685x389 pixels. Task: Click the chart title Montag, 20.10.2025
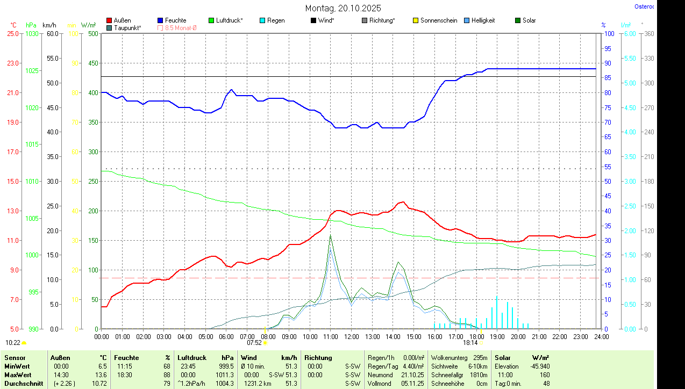[x=343, y=8]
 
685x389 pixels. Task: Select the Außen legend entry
[x=123, y=20]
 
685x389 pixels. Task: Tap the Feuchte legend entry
[x=175, y=20]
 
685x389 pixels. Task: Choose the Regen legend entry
[x=276, y=20]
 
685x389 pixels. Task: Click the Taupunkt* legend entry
[x=127, y=27]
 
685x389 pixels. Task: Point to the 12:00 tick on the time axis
[x=351, y=336]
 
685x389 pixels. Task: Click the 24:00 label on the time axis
[x=601, y=336]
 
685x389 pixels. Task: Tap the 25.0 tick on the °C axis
[x=12, y=33]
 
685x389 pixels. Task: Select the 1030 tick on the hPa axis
[x=32, y=33]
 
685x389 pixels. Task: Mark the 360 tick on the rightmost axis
[x=648, y=33]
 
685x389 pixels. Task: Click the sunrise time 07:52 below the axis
[x=254, y=342]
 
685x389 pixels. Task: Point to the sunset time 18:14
[x=470, y=342]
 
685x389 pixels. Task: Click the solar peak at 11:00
[x=330, y=235]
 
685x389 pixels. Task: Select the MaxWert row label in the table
[x=18, y=374]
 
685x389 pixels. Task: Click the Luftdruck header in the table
[x=192, y=357]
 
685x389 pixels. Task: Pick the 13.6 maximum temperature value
[x=101, y=374]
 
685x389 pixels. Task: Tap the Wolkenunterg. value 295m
[x=481, y=357]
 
